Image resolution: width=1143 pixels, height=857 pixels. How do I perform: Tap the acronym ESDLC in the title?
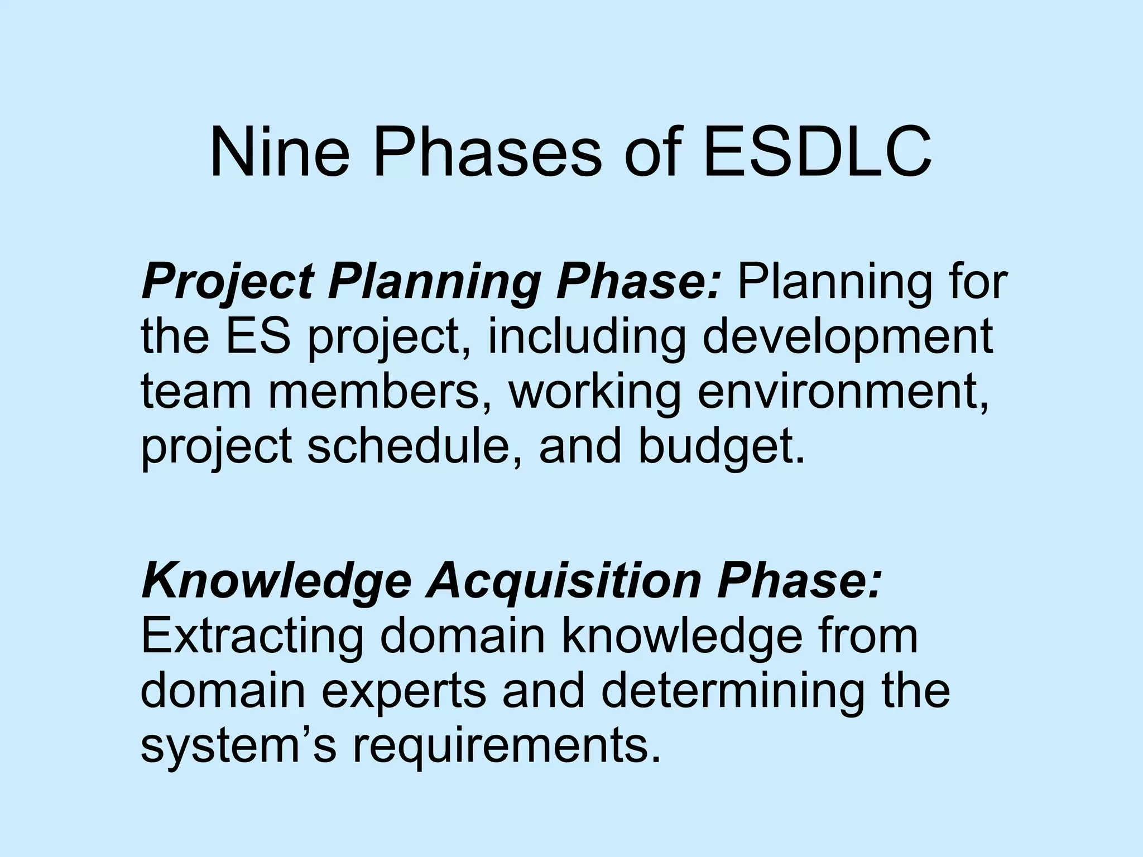pyautogui.click(x=817, y=153)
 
